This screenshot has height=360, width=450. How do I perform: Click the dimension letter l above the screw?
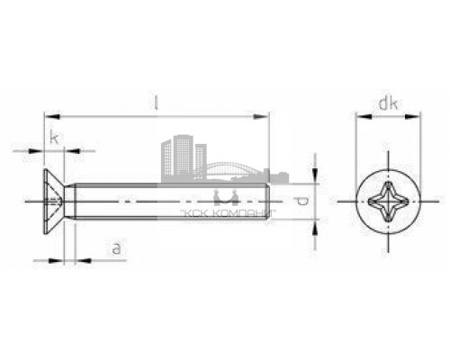157,104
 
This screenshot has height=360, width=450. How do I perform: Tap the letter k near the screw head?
56,137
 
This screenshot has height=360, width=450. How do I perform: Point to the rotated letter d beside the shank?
303,202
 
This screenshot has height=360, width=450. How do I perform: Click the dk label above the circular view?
388,105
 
